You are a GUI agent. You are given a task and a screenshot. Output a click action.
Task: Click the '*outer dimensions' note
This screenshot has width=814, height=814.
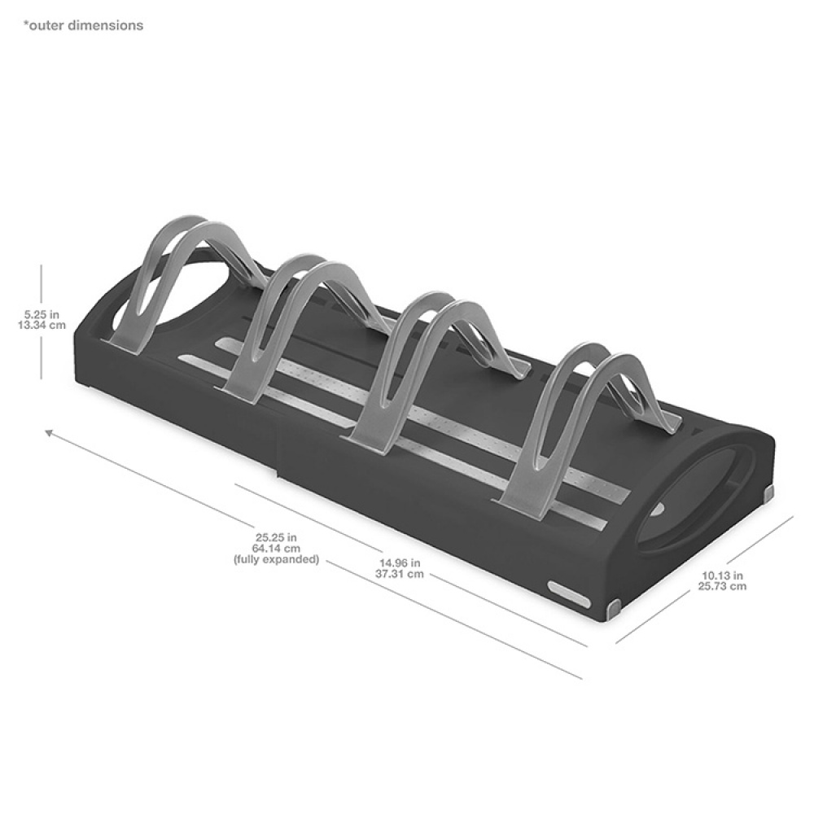click(83, 25)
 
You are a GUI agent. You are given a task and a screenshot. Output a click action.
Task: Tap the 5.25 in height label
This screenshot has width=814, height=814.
click(42, 314)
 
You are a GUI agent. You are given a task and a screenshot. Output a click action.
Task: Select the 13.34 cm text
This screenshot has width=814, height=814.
click(42, 326)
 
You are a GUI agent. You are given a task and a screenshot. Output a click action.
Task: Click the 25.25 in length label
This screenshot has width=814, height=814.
click(276, 538)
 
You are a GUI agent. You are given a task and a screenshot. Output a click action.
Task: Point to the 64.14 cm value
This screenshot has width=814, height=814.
click(276, 548)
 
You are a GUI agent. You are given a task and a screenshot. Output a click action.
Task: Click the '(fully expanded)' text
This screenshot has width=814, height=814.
click(276, 560)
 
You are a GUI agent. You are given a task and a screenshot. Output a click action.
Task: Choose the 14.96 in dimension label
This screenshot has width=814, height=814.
click(399, 562)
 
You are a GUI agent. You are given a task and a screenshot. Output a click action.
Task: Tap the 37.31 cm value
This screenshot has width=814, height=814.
click(399, 574)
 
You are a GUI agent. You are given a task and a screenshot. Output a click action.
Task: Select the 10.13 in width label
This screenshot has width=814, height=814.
click(722, 575)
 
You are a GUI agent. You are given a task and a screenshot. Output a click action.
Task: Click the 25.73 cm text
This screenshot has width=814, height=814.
click(722, 586)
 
